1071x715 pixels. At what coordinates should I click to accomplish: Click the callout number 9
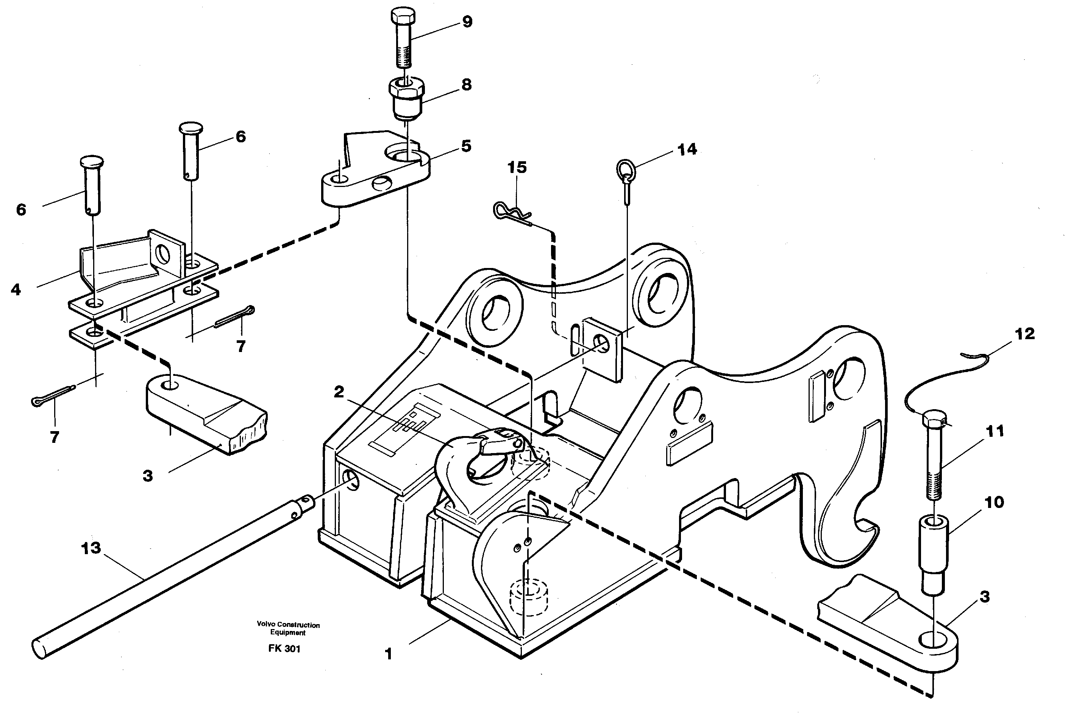467,22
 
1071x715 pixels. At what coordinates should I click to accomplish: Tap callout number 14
687,149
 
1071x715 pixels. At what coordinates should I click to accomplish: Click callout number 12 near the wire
1024,334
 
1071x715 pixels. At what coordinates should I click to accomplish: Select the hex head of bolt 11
935,418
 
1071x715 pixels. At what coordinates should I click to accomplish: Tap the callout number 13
91,548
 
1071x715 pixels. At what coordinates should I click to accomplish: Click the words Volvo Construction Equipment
288,628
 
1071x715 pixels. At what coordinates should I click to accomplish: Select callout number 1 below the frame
388,654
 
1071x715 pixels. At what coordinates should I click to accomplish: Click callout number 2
339,392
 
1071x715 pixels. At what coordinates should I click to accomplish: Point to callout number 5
466,146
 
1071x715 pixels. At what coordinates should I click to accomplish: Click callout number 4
16,289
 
